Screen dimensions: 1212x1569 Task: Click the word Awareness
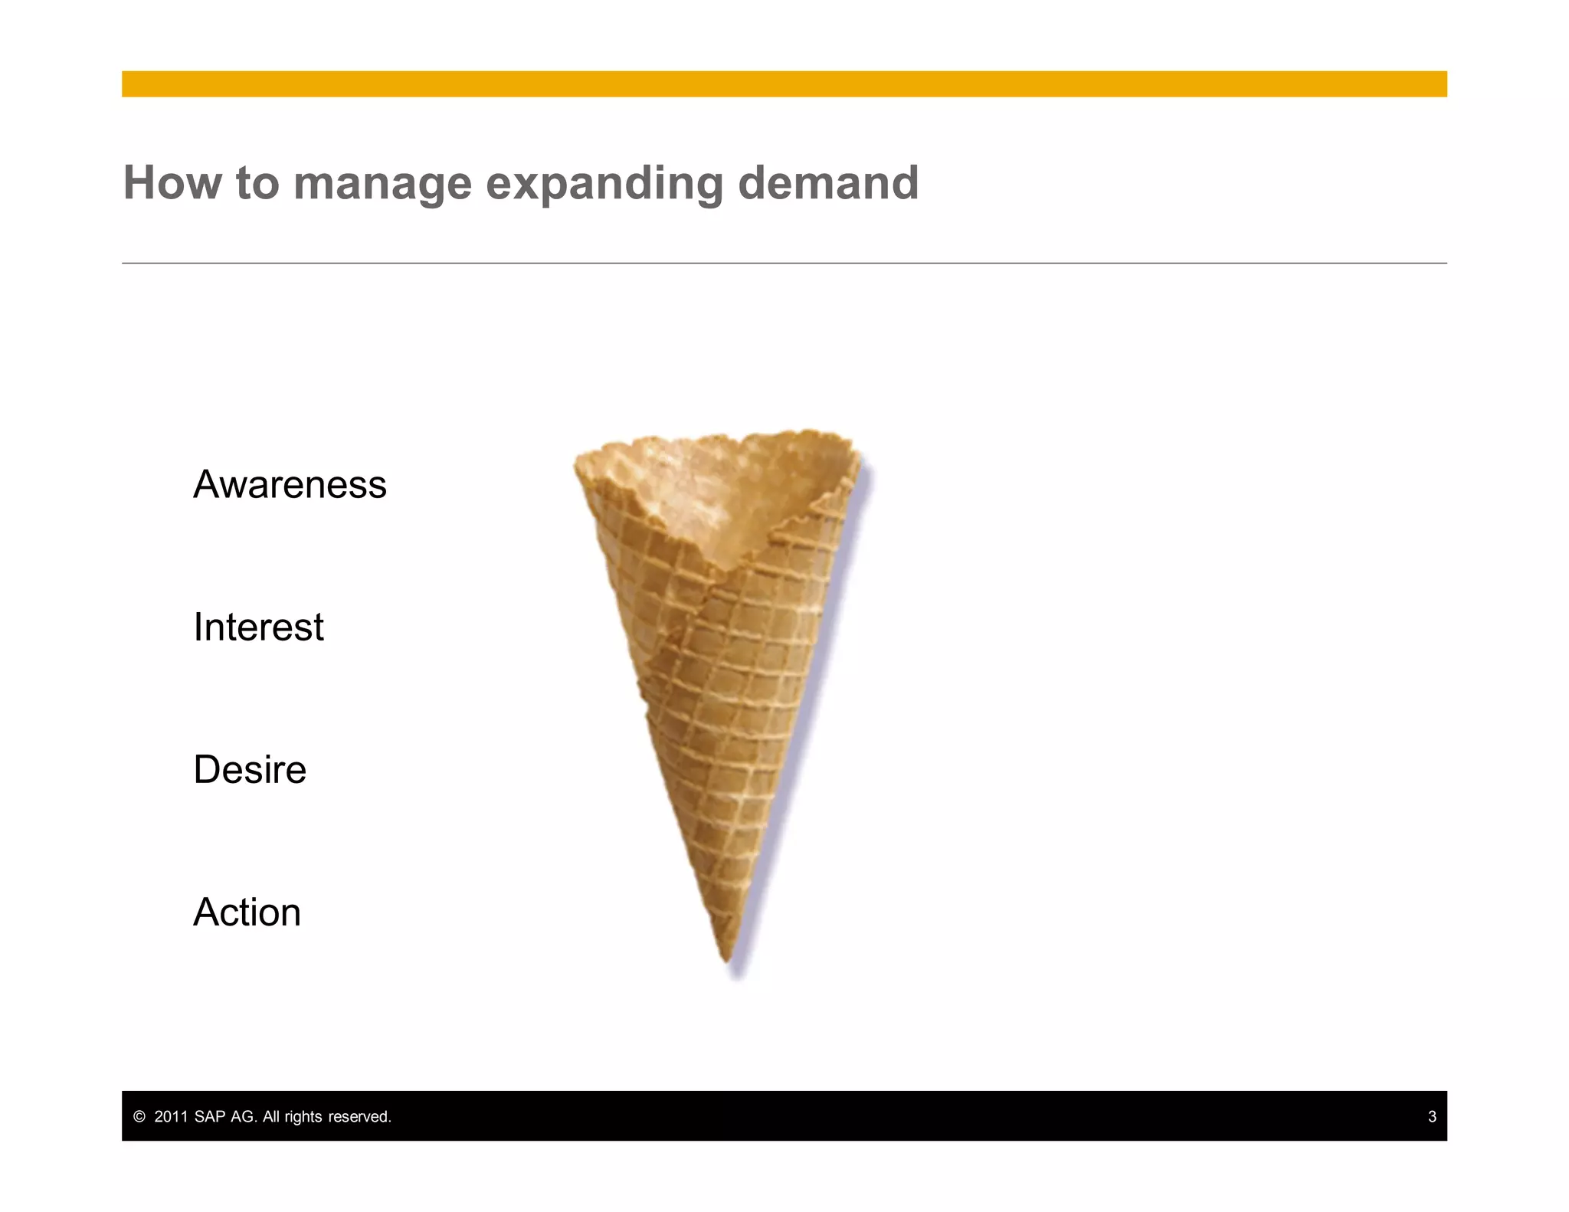click(290, 485)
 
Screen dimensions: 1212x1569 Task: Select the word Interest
click(258, 627)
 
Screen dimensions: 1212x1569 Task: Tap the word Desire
click(250, 770)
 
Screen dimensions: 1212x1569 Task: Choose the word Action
click(247, 912)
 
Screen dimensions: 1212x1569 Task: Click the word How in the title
click(172, 183)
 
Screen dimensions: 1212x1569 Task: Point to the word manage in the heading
click(382, 185)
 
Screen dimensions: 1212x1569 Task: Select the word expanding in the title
click(604, 185)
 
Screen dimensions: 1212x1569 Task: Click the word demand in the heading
click(827, 183)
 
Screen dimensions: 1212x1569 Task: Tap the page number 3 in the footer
click(1431, 1117)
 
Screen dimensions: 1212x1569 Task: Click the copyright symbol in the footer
click(139, 1117)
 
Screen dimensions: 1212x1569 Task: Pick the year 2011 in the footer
click(171, 1117)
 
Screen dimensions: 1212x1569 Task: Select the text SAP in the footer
click(210, 1117)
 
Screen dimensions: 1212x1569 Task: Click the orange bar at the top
click(784, 84)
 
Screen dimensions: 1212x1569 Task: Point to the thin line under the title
click(784, 263)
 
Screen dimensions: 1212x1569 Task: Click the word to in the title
click(257, 184)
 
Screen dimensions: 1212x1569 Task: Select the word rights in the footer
click(303, 1117)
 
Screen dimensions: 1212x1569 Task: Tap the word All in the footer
click(271, 1117)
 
